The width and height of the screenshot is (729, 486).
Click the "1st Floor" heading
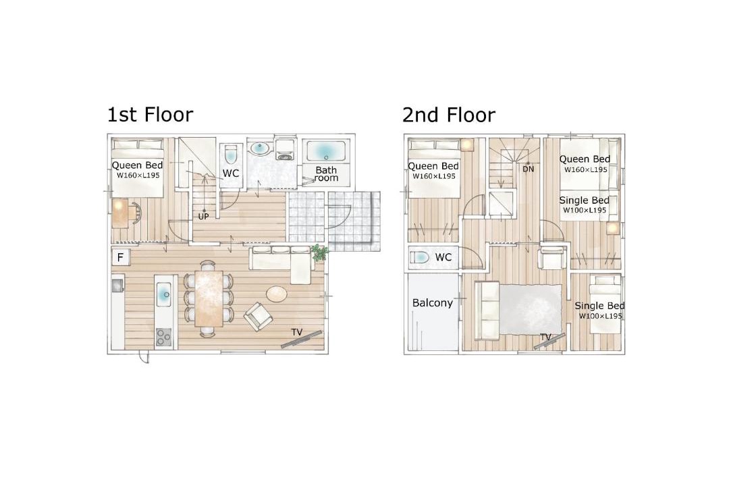[x=150, y=114]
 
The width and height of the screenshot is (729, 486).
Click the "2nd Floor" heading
[x=449, y=114]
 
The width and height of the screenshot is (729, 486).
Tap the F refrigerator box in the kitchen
[x=120, y=256]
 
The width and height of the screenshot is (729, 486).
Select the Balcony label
[x=433, y=303]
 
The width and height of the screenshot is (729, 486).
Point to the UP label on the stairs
[x=204, y=216]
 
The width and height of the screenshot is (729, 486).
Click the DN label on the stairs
[x=528, y=169]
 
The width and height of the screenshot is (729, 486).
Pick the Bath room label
[x=326, y=174]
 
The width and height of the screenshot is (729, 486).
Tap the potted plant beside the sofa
[x=320, y=252]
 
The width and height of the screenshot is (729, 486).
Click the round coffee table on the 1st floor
[x=277, y=293]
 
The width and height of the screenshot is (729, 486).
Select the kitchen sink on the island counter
[x=164, y=294]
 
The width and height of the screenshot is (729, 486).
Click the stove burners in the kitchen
[x=163, y=337]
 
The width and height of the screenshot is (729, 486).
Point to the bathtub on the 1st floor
[x=325, y=151]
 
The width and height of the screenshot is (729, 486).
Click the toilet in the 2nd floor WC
[x=421, y=257]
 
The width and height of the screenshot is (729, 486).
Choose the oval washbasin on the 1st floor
[x=259, y=148]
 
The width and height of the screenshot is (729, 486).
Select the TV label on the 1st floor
[x=296, y=332]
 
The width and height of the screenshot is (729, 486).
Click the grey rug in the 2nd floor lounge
[x=531, y=309]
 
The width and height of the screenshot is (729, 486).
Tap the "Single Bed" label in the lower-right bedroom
[x=599, y=306]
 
